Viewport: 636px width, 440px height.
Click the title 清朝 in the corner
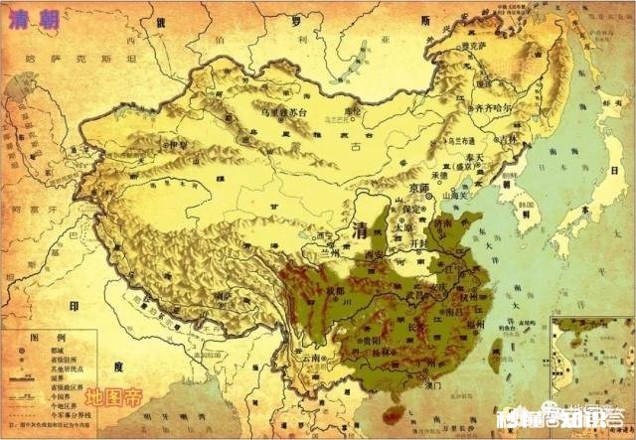point(29,17)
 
